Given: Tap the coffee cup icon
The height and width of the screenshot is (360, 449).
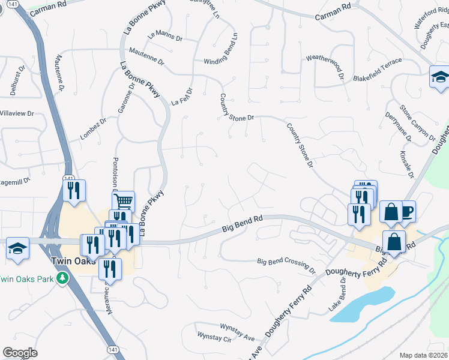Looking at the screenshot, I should coord(406,211).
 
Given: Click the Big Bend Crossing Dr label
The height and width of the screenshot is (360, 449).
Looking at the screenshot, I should coord(286,262).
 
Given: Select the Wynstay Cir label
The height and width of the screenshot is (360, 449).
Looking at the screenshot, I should coord(214,339).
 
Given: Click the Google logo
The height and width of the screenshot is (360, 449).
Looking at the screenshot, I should coord(20,353).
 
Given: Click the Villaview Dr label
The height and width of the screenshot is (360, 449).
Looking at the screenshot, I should coord(16,113).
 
